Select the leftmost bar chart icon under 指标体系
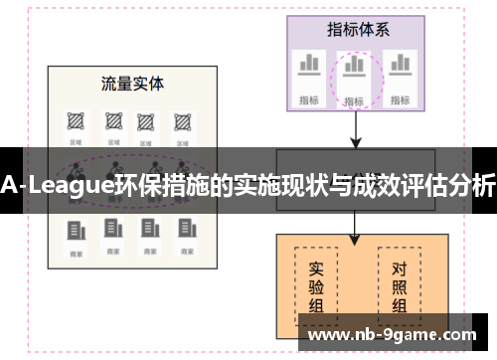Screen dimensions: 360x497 (x=308, y=65)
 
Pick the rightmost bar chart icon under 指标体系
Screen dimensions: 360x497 (x=400, y=65)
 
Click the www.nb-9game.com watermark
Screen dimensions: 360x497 (x=393, y=335)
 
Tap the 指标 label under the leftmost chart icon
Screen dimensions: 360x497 (x=308, y=98)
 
